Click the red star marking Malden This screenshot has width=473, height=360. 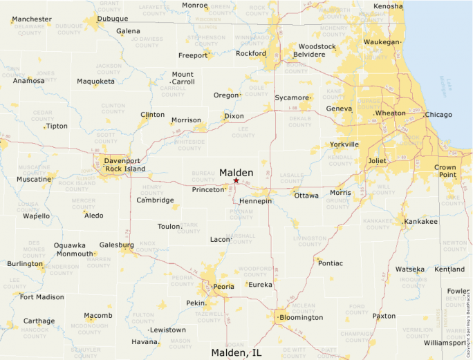(x=236, y=180)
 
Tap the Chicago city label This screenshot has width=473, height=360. (x=438, y=115)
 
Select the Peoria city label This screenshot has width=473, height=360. (x=223, y=286)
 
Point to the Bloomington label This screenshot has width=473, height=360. (x=301, y=318)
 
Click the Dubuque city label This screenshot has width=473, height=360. (x=112, y=19)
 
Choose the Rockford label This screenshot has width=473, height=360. (x=250, y=53)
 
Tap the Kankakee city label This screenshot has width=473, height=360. (x=421, y=222)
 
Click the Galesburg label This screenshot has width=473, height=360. (x=116, y=245)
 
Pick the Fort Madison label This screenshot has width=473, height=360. (x=41, y=297)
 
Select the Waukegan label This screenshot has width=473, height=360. (x=382, y=42)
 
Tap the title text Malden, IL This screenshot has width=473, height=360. (x=236, y=353)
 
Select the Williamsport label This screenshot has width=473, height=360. (x=445, y=343)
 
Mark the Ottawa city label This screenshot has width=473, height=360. (x=306, y=196)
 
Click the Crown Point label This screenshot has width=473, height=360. (x=445, y=171)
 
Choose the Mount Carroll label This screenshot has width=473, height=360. (x=183, y=78)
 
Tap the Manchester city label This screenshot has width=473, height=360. (x=32, y=19)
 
